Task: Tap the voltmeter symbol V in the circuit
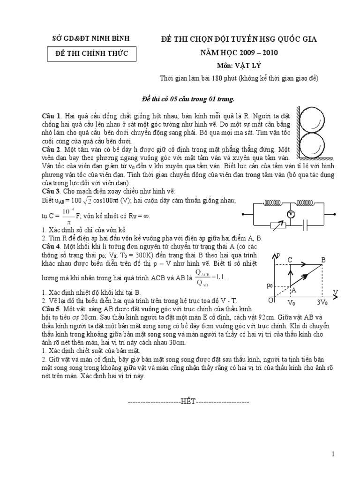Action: [291, 214]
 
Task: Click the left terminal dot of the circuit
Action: [243, 214]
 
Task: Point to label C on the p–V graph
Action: [290, 259]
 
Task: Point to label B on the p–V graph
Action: [323, 259]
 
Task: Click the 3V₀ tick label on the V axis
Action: [322, 302]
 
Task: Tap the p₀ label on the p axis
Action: [270, 285]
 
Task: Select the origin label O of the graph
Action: [271, 300]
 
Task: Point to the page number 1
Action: [333, 454]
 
